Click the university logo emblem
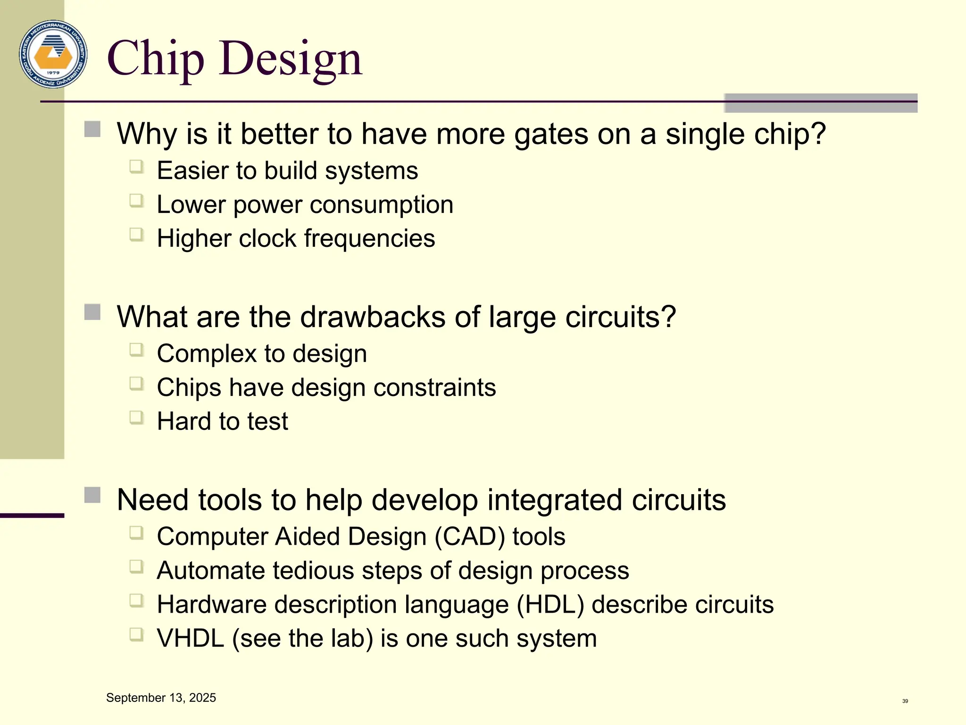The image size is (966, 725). click(x=53, y=54)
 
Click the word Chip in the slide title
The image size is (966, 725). click(x=156, y=59)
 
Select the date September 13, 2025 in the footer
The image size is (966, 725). click(x=161, y=698)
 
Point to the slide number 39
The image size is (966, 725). click(x=905, y=701)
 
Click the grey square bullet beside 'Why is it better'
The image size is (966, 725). click(x=92, y=129)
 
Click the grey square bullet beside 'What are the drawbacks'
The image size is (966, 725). click(x=92, y=312)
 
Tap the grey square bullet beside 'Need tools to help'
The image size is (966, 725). click(x=92, y=495)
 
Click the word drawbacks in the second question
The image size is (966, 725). click(x=373, y=317)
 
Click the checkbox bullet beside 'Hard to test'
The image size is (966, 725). click(x=136, y=417)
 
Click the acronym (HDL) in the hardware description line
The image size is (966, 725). click(x=550, y=605)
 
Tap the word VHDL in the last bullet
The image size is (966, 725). click(x=190, y=639)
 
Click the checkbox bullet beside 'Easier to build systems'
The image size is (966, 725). click(x=136, y=167)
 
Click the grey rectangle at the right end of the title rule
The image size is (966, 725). click(x=820, y=103)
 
